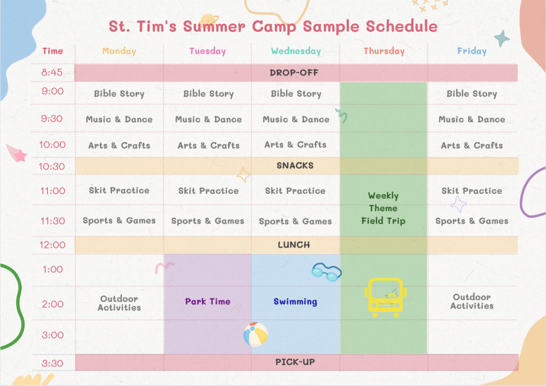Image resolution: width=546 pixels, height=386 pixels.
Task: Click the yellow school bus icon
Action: point(386,297)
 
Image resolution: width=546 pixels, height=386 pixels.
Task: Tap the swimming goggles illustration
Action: point(327,272)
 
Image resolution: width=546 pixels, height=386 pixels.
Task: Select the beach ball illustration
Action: point(255,334)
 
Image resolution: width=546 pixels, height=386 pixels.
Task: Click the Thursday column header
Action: point(384,51)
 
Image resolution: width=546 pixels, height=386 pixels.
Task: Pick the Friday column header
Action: point(472,51)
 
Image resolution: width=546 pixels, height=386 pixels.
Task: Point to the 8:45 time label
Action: point(52,72)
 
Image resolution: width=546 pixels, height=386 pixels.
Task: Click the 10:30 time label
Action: point(52,167)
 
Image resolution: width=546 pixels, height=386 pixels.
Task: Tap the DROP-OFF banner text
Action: point(294,73)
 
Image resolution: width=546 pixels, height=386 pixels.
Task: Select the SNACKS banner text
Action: point(295,166)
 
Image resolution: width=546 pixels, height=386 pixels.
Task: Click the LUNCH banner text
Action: point(294,245)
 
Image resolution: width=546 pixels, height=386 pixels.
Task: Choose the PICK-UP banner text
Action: point(295,362)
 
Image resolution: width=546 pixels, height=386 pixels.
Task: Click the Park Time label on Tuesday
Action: point(207,301)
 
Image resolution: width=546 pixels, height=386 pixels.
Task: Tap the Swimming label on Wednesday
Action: point(295,301)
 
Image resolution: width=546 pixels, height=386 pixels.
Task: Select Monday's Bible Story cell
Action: point(119,94)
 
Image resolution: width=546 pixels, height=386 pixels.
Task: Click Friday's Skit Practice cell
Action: point(472,191)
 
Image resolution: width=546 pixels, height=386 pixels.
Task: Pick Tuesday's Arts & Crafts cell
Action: point(208,145)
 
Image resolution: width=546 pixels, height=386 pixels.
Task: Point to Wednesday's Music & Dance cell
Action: point(296,119)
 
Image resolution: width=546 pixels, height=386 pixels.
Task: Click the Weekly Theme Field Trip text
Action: point(383,208)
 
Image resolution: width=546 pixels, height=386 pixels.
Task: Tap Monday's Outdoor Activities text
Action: point(119,303)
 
